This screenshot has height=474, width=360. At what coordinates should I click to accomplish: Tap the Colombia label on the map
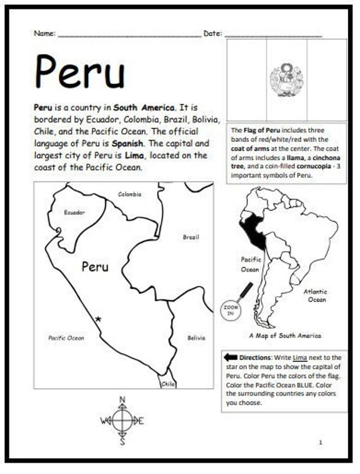click(129, 194)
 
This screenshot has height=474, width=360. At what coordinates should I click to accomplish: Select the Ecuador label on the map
click(75, 213)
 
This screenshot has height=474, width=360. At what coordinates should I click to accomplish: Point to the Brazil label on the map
click(191, 237)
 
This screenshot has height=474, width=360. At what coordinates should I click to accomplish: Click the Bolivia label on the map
click(196, 338)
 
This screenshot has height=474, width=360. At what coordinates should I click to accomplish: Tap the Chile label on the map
click(168, 383)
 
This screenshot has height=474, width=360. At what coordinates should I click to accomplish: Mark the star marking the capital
click(97, 319)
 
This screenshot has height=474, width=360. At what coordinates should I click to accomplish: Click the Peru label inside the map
click(95, 267)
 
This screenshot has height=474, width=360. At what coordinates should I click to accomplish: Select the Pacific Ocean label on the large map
click(66, 338)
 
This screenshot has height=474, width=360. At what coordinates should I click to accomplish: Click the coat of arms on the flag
click(283, 80)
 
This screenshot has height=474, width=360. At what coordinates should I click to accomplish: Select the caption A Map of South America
click(285, 336)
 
